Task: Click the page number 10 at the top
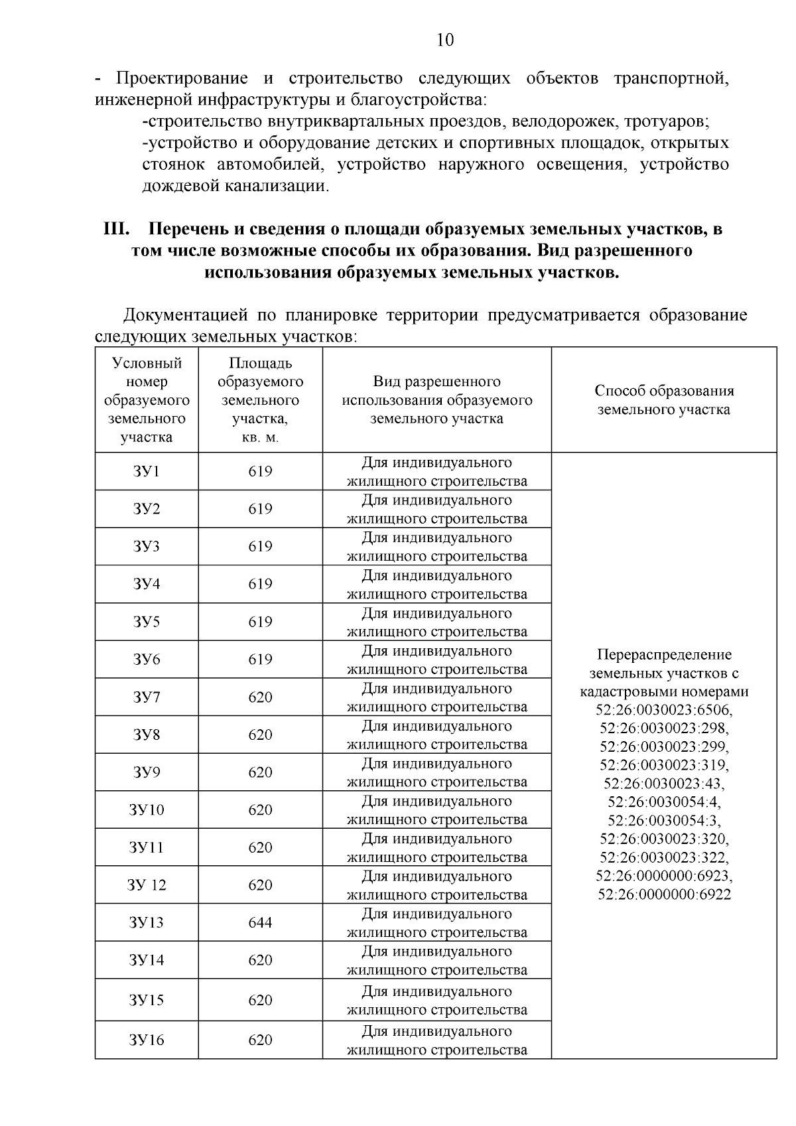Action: [x=445, y=40]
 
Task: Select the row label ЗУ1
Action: [x=147, y=472]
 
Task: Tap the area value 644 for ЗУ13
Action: [x=260, y=922]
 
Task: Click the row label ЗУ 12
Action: [x=147, y=885]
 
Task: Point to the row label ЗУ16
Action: [x=147, y=1040]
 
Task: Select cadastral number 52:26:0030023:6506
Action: [x=664, y=710]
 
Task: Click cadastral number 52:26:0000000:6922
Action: [x=664, y=894]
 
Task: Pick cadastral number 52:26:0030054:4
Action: [x=664, y=802]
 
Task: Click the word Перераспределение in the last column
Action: [x=664, y=655]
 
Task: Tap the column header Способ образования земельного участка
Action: [x=664, y=400]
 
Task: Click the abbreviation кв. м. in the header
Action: [x=260, y=438]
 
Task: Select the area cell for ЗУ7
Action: [x=260, y=697]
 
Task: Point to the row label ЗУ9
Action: [x=147, y=772]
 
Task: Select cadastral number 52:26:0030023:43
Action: [x=664, y=784]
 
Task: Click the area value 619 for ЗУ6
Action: [x=260, y=660]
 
